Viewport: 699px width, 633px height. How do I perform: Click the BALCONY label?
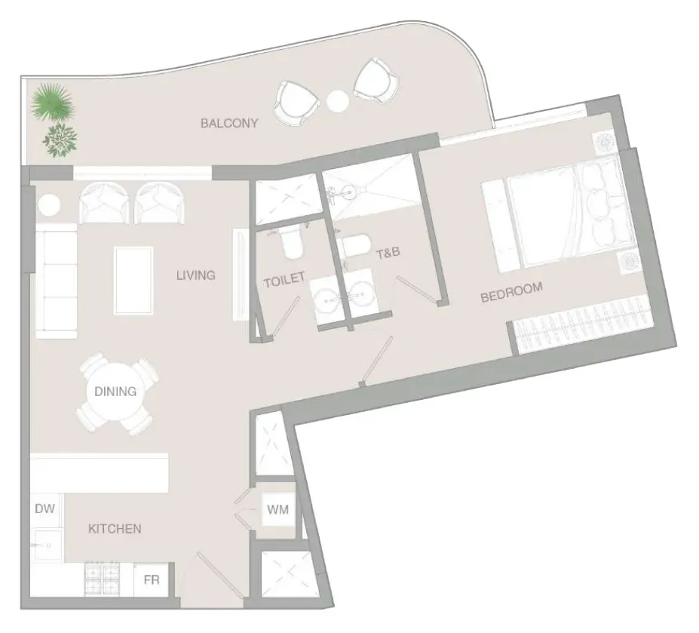229,123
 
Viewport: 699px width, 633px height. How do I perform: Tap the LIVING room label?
196,275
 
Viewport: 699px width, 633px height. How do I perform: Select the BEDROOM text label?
511,292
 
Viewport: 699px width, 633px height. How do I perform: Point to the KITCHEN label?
115,529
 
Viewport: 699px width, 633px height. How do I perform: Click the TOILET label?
284,280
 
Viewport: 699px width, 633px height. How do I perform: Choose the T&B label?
388,254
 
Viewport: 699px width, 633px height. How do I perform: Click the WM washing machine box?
277,509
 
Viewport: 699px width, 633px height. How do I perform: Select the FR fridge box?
151,579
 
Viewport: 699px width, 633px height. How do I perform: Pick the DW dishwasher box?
45,509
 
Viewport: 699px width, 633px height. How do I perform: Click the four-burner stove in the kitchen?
102,579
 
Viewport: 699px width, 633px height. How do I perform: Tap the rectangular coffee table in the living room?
133,281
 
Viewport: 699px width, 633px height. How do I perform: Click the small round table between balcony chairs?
338,101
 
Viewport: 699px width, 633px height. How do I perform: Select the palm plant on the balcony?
53,102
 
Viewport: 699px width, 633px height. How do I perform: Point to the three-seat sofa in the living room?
56,281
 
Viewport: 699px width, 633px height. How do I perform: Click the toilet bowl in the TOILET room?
292,241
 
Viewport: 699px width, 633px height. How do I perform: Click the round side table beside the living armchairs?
48,205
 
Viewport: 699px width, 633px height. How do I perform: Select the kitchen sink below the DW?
46,545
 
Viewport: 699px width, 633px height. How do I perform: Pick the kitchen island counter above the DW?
100,473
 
